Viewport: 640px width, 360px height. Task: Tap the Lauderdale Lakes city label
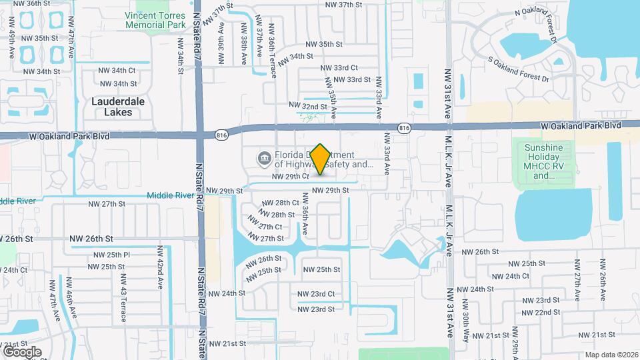coord(118,107)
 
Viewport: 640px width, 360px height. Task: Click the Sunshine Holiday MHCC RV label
coord(544,161)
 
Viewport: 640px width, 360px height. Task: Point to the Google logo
coord(22,351)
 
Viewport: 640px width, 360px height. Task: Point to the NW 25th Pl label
coord(111,255)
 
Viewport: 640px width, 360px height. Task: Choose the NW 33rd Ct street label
coord(339,68)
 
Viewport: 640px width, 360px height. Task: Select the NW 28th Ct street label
coord(281,203)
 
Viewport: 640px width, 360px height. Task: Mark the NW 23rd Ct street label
coord(315,294)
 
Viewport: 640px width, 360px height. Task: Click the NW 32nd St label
coord(307,106)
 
